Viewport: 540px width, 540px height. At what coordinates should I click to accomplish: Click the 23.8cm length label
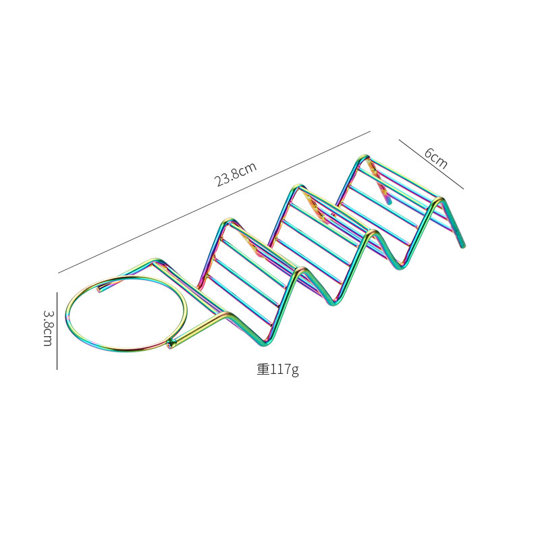pyautogui.click(x=236, y=176)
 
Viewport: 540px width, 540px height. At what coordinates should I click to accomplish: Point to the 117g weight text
pyautogui.click(x=277, y=369)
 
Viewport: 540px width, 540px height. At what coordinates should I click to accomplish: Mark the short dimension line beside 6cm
pyautogui.click(x=431, y=165)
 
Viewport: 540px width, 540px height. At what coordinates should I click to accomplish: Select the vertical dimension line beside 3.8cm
pyautogui.click(x=57, y=331)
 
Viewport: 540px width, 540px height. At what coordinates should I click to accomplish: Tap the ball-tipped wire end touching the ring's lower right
pyautogui.click(x=171, y=345)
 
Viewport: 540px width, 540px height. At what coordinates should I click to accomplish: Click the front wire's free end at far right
pyautogui.click(x=463, y=245)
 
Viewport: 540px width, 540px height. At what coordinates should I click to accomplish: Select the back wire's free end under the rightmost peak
pyautogui.click(x=389, y=201)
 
